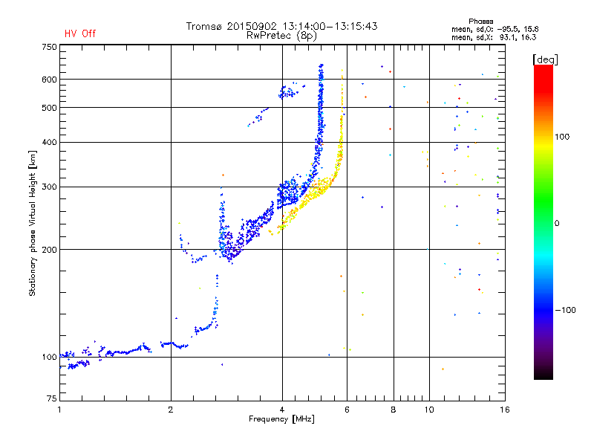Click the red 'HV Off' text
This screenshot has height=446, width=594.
[80, 33]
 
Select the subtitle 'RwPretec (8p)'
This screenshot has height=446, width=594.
[281, 36]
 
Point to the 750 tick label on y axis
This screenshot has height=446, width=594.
[49, 47]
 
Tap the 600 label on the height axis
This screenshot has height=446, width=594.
[49, 80]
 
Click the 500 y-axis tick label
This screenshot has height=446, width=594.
[49, 108]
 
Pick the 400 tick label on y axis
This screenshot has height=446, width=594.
[49, 143]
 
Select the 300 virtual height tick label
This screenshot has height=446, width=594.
[49, 187]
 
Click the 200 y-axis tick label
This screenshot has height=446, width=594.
[49, 250]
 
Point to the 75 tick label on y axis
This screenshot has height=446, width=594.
[52, 398]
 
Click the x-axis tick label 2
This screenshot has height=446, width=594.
[171, 410]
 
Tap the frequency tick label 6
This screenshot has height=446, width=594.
[347, 410]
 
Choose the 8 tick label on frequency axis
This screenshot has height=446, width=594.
[394, 410]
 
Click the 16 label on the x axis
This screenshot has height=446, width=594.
[505, 410]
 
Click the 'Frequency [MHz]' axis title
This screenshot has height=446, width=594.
[281, 419]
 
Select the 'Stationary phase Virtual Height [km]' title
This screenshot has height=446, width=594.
[33, 224]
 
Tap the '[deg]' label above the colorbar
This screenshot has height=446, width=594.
[545, 59]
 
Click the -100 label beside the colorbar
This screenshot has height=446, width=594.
[566, 310]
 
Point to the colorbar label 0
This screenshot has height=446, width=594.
[557, 223]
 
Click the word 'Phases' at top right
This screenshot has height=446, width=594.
[480, 22]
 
